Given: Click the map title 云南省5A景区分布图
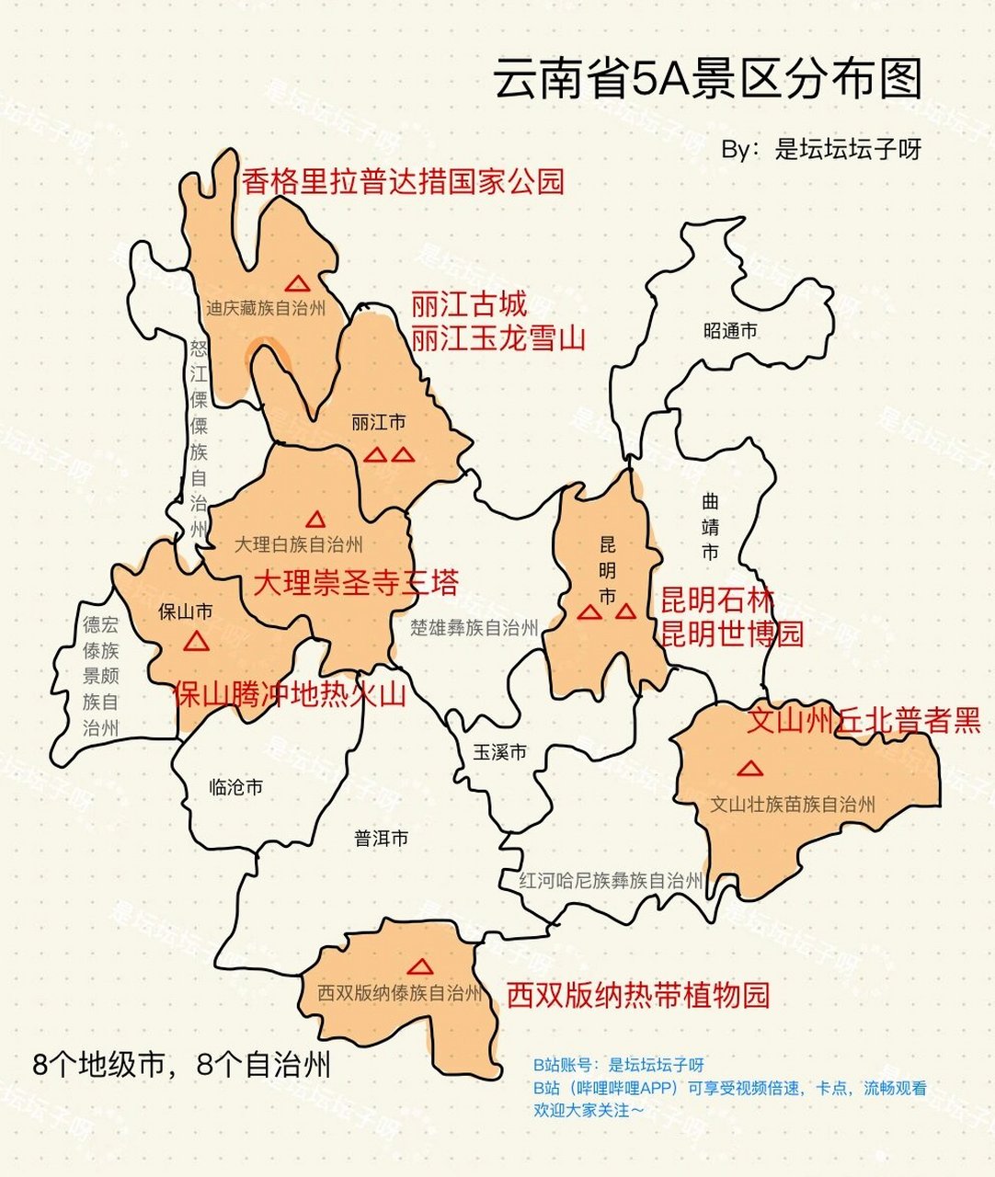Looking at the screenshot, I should (707, 79).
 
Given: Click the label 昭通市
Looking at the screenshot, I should (729, 330).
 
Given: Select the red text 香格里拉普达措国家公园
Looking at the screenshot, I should (403, 181).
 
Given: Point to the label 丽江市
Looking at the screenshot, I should (378, 423).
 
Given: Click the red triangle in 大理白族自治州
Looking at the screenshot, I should (315, 520).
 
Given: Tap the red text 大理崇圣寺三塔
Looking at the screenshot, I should (355, 582).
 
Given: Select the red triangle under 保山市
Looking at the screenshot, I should (196, 642).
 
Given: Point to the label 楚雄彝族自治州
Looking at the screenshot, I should (474, 628).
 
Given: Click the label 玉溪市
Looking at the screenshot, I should (499, 752).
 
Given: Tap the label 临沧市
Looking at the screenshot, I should (236, 787).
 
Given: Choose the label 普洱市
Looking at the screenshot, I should (381, 838).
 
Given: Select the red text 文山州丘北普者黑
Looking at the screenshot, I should (863, 720).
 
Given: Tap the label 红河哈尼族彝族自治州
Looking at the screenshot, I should (610, 880).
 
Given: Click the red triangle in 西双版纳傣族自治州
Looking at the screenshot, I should (420, 967).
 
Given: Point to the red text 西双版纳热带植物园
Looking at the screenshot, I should (637, 995).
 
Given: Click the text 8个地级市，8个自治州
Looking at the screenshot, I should (181, 1065).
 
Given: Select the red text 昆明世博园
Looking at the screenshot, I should (732, 634).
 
